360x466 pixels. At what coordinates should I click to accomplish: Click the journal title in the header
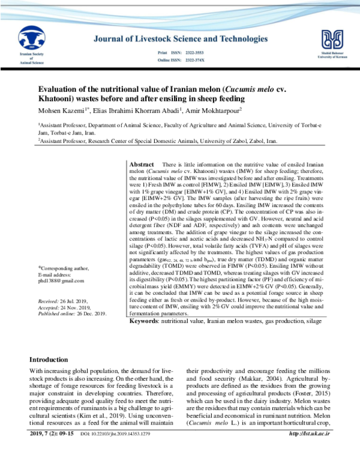(x=181, y=39)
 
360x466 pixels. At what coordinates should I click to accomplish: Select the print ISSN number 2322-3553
(x=196, y=53)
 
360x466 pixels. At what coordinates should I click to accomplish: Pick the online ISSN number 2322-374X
(x=196, y=61)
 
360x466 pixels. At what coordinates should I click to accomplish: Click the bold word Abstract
(x=142, y=165)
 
